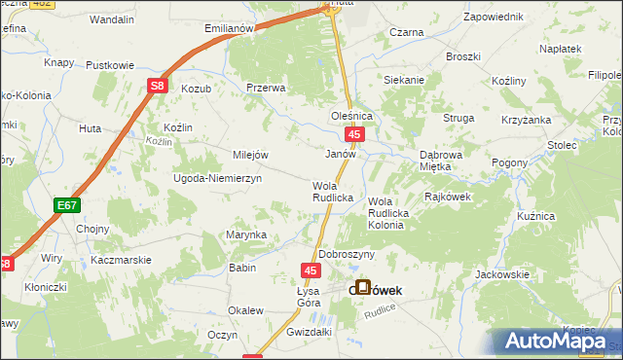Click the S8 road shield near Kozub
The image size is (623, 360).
[x=158, y=87]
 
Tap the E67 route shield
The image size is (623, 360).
[x=66, y=205]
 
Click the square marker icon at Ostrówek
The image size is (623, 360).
[x=363, y=287]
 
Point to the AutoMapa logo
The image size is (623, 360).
[x=559, y=341]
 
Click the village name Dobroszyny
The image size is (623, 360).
[x=346, y=254]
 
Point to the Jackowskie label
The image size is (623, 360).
[x=501, y=274]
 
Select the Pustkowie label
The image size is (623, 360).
[x=109, y=65]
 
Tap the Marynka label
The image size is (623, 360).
[x=246, y=234]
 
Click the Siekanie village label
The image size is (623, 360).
[x=404, y=80]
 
